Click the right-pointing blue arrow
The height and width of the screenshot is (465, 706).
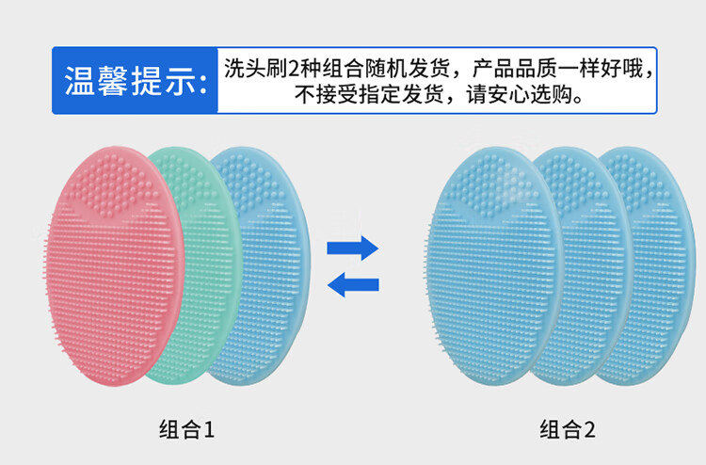click(352, 249)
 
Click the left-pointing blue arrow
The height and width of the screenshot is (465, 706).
click(352, 284)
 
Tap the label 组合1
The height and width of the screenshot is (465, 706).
click(187, 430)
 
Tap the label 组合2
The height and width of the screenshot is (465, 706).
click(568, 430)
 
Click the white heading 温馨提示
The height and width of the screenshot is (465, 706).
click(123, 81)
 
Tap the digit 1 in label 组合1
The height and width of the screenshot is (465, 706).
click(209, 431)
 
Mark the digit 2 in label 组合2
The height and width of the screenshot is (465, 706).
click(589, 431)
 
